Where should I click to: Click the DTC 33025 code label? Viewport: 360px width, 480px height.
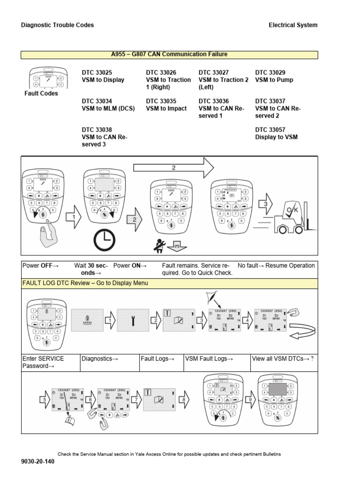point(97,73)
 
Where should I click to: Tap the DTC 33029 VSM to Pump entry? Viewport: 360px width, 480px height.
point(274,76)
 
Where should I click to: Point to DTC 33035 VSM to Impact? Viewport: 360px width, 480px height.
point(166,105)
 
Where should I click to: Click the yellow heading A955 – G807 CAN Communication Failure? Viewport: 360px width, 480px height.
point(169,54)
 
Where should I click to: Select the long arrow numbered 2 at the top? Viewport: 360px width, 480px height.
point(173,168)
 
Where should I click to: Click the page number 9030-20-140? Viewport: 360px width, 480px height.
point(37,462)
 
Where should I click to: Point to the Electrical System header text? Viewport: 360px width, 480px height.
point(292,25)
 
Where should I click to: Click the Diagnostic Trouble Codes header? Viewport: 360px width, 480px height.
point(57,25)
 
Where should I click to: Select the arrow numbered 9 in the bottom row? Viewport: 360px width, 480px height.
point(250,400)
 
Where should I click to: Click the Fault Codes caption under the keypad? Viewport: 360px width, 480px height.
point(41,94)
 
